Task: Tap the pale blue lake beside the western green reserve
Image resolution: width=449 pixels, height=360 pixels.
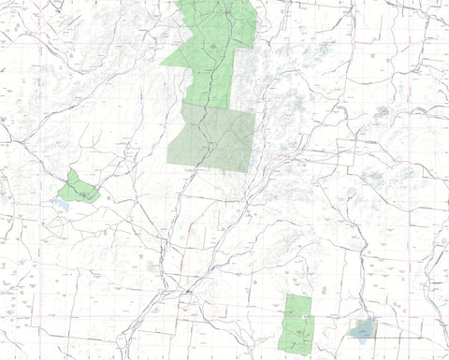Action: pos(64,200)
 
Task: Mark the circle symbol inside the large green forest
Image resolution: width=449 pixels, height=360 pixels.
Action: pos(216,45)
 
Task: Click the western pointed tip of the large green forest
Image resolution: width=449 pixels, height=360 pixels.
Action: pos(162,64)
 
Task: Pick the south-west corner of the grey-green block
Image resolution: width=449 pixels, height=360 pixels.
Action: pos(168,166)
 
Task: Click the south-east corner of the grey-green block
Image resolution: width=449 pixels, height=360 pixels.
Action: pos(253,175)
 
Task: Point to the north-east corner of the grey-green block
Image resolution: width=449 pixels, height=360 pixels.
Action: pos(254,111)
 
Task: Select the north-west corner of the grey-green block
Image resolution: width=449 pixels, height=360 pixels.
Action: pos(182,103)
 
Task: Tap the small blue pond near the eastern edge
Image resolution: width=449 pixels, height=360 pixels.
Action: pos(443,241)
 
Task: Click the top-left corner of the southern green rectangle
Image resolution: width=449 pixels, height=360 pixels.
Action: pos(286,295)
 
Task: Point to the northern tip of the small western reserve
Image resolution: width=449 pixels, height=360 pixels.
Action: pos(71,170)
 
